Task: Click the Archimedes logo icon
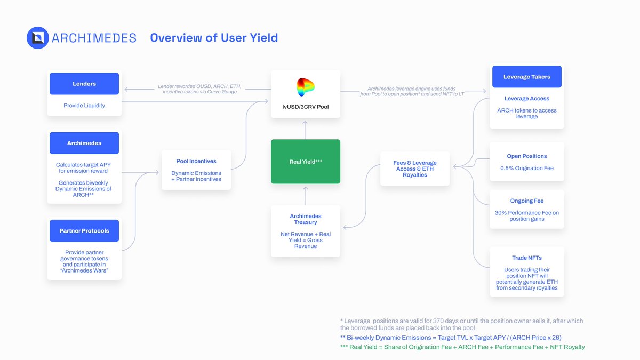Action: [x=38, y=38]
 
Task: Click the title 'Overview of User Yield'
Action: [x=214, y=38]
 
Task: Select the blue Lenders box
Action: [x=84, y=84]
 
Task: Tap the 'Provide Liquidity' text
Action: [x=84, y=106]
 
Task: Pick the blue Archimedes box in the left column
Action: [x=84, y=143]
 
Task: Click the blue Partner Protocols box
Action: [x=84, y=231]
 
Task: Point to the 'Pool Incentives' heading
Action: [x=196, y=161]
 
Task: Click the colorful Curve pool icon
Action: [x=306, y=87]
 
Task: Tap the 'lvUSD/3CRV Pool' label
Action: [x=306, y=107]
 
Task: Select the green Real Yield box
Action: [x=306, y=162]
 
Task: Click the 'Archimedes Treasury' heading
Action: [x=306, y=219]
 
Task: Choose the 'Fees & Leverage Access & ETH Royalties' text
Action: [x=415, y=169]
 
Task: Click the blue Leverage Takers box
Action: [x=527, y=77]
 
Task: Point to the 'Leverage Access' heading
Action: [x=527, y=99]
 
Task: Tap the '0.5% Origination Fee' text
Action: [x=527, y=169]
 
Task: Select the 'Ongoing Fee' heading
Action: [x=527, y=201]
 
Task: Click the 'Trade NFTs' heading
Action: [x=527, y=258]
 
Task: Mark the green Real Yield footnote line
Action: [x=462, y=347]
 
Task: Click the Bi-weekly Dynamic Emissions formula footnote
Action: [x=451, y=338]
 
